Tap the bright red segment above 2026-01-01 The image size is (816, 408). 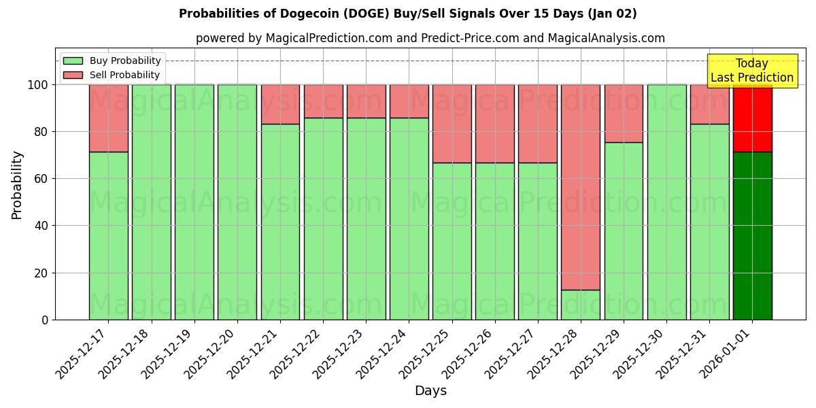point(753,119)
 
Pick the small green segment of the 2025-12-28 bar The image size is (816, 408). point(581,305)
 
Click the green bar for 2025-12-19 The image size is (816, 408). point(194,202)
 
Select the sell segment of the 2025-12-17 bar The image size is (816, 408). point(109,118)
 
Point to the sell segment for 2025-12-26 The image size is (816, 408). point(495,124)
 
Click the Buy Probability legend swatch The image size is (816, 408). point(73,61)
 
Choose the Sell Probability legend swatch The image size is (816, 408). point(73,75)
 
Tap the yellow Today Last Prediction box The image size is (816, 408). point(752,71)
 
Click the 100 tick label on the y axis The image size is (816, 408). point(37,85)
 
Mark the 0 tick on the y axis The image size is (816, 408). point(45,320)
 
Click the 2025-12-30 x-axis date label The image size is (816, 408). point(640,354)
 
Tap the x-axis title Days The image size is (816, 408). point(430,391)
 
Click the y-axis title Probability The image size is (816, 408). point(17,184)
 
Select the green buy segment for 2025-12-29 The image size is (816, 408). point(624,231)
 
